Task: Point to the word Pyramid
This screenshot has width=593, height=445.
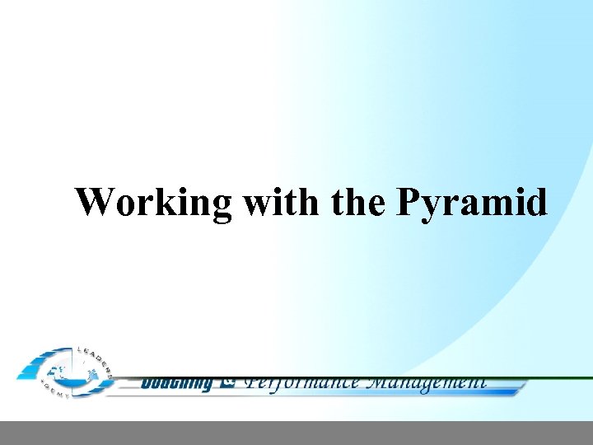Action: tap(472, 203)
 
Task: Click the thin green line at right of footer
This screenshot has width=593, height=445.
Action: tap(560, 378)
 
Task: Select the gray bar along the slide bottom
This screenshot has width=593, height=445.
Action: tap(296, 433)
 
